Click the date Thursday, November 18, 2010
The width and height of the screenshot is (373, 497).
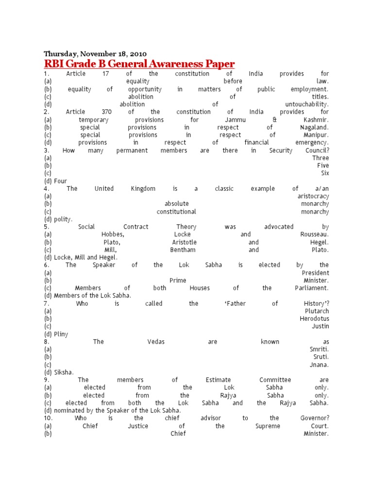click(95, 53)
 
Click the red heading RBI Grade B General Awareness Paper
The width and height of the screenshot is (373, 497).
click(139, 64)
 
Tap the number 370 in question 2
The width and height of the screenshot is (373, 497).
click(105, 112)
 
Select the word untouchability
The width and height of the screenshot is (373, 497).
click(307, 104)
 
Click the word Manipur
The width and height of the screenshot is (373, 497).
click(316, 135)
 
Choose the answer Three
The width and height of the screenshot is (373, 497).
click(321, 158)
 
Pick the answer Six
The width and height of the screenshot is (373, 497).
click(325, 173)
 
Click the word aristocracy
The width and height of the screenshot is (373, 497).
click(313, 196)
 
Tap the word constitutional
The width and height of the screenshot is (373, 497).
click(176, 212)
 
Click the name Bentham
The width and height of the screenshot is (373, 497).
click(183, 250)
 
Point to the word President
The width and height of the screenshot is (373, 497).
click(315, 273)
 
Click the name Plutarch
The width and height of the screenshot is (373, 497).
click(317, 311)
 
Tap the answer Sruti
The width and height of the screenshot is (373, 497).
click(319, 357)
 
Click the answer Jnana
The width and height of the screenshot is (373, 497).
click(319, 365)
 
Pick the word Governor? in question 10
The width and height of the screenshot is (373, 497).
click(315, 418)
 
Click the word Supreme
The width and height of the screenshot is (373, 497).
click(268, 426)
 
